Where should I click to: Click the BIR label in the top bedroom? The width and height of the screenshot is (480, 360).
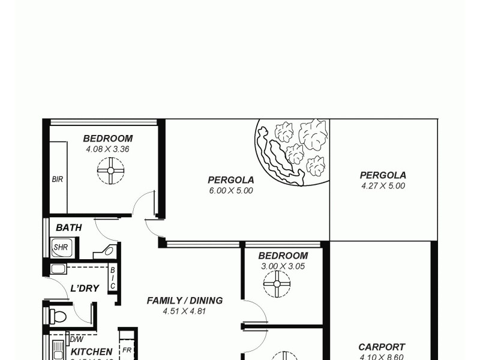[x=58, y=179]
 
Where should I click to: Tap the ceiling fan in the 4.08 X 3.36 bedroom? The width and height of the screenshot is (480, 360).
[x=110, y=170]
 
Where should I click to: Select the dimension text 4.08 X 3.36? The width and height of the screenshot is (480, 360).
[x=108, y=149]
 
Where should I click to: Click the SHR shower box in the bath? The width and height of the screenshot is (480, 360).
[x=61, y=247]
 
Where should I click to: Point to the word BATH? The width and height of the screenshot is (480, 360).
[x=68, y=228]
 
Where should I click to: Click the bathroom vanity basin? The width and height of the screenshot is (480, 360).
[x=109, y=250]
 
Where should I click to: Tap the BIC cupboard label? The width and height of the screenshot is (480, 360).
[x=112, y=278]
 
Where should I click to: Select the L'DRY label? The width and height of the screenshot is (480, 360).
[x=85, y=289]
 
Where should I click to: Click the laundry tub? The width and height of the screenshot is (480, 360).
[x=59, y=269]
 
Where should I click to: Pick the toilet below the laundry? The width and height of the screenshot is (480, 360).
[x=58, y=316]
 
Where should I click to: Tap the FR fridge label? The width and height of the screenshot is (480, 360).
[x=127, y=350]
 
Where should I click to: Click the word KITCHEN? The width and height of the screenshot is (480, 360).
[x=92, y=352]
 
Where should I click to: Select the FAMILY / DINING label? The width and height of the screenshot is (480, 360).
[x=185, y=301]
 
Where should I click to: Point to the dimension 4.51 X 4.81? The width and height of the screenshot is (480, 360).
[x=185, y=311]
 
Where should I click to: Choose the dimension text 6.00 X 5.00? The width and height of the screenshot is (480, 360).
[x=231, y=191]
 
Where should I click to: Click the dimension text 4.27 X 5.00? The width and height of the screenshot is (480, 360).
[x=383, y=186]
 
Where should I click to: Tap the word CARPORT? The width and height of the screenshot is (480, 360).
[x=382, y=347]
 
